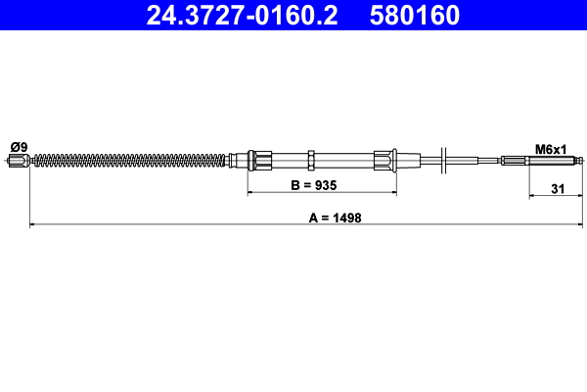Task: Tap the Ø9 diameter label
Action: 18,147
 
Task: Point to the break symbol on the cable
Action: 444,160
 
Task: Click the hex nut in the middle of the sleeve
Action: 310,160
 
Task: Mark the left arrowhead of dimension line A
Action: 34,225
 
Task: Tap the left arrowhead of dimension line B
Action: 250,193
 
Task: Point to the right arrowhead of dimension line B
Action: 392,193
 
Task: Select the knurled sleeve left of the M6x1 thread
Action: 514,161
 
